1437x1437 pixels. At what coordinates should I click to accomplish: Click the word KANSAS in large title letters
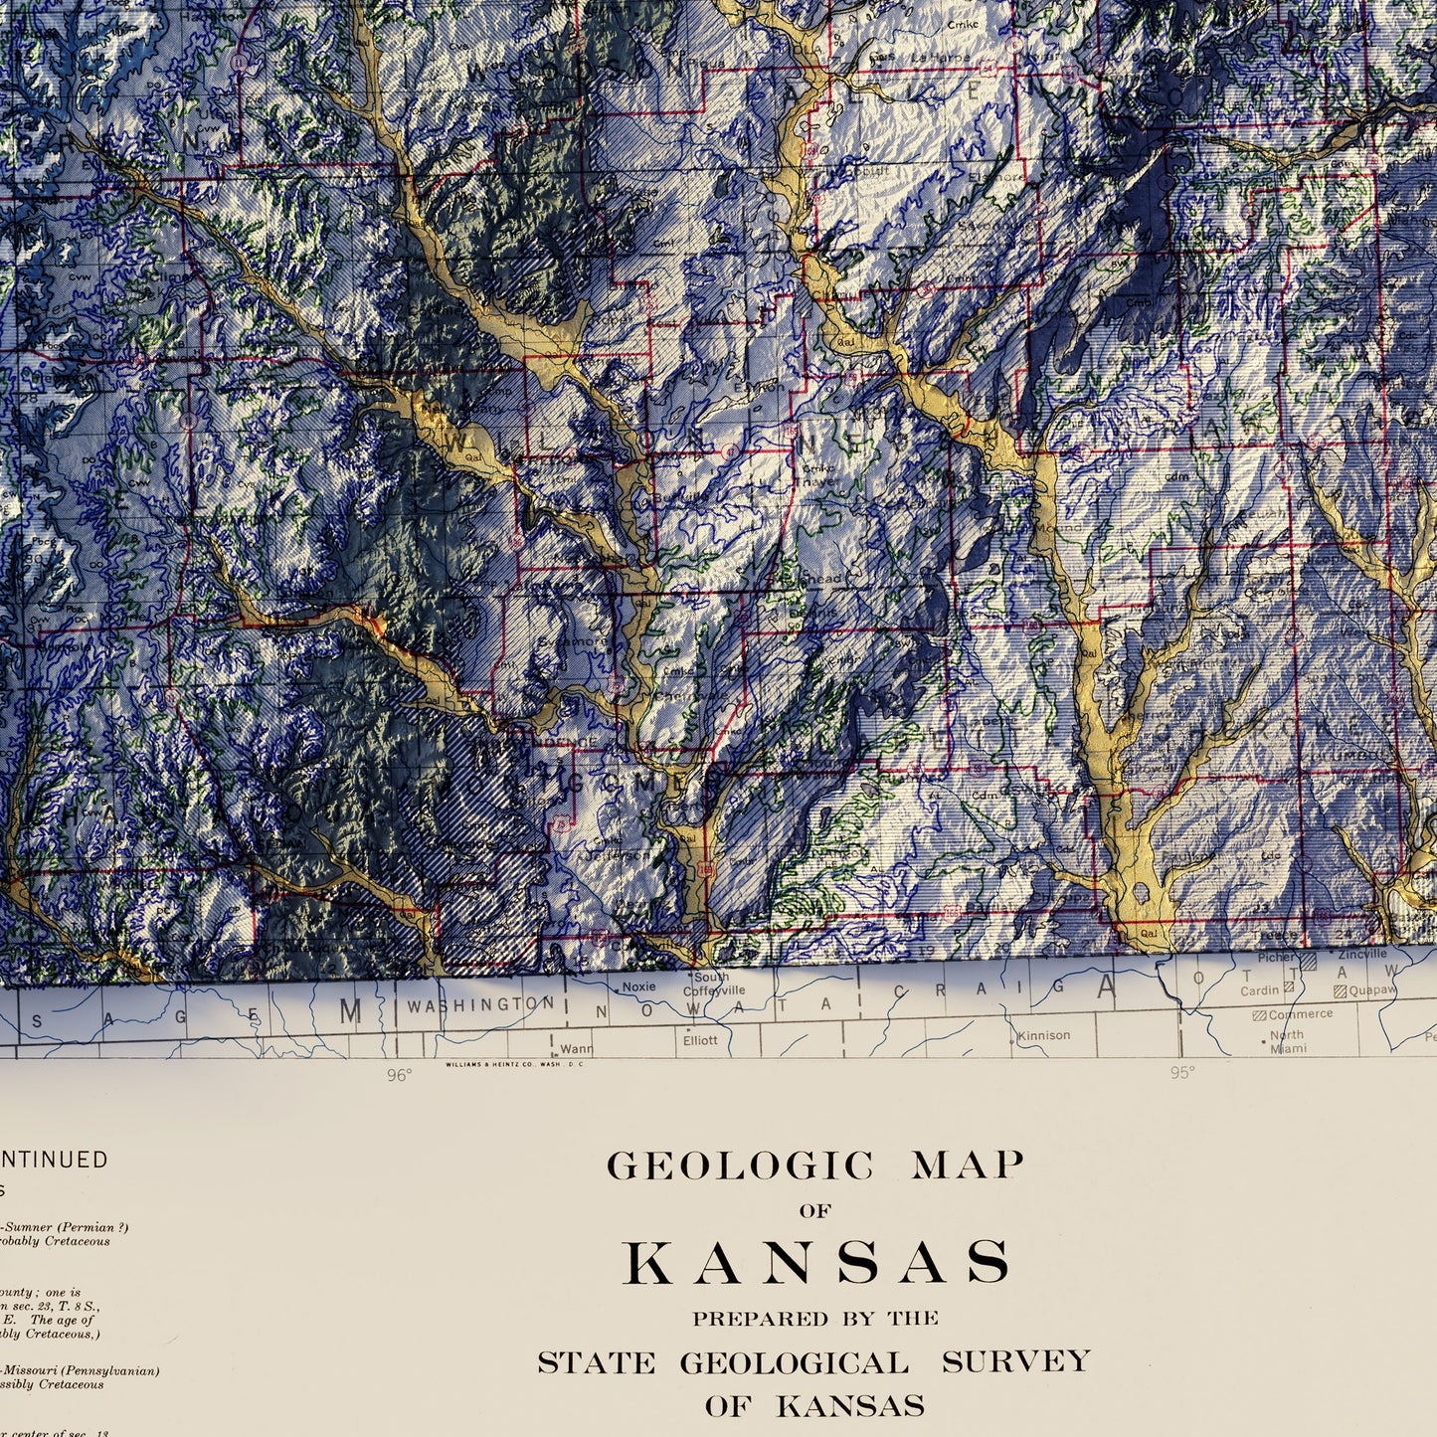816,1263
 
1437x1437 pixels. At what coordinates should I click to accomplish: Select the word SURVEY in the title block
1015,1361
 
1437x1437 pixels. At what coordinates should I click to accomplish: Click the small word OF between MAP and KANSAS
815,1211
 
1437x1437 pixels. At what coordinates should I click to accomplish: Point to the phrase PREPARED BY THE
815,1319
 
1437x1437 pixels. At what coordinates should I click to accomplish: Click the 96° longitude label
399,1074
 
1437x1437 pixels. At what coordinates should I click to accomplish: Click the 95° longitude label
1181,1072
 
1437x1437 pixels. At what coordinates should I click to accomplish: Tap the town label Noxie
638,987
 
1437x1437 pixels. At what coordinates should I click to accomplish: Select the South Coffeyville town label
713,984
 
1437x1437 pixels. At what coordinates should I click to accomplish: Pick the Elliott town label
699,1040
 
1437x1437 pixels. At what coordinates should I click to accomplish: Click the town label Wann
576,1048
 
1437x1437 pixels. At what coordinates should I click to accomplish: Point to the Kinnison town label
1044,1035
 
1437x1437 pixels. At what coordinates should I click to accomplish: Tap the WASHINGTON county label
479,1005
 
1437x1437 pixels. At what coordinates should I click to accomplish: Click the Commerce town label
1300,1014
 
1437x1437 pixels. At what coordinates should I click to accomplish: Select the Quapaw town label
1371,990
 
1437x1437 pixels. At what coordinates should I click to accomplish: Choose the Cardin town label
1259,990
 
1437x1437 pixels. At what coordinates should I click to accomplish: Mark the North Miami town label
1287,1041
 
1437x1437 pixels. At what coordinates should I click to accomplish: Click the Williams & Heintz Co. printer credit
515,1064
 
